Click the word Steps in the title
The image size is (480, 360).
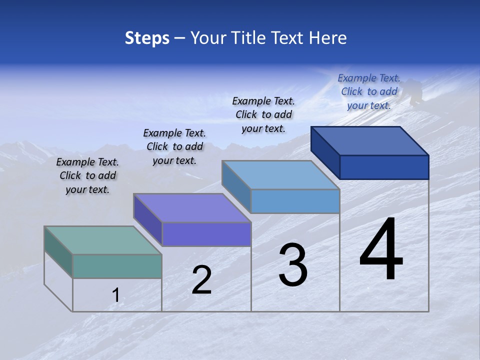(147, 38)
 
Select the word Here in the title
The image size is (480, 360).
(328, 38)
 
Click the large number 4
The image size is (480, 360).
(381, 250)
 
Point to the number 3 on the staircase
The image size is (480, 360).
(293, 265)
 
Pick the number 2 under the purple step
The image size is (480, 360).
(201, 280)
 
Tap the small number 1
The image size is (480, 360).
(115, 295)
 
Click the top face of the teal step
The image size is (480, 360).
(102, 240)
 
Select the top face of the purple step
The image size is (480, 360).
(192, 207)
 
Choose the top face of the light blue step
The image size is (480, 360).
(280, 174)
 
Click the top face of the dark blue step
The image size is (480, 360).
(370, 140)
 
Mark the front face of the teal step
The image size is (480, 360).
(117, 266)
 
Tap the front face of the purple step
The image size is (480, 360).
(206, 234)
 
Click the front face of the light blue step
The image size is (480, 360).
(295, 201)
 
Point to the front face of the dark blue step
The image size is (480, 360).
(384, 167)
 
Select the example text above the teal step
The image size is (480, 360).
(87, 175)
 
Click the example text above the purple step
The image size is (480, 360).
(174, 146)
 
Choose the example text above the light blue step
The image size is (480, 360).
(263, 114)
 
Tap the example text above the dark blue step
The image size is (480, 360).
(369, 91)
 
